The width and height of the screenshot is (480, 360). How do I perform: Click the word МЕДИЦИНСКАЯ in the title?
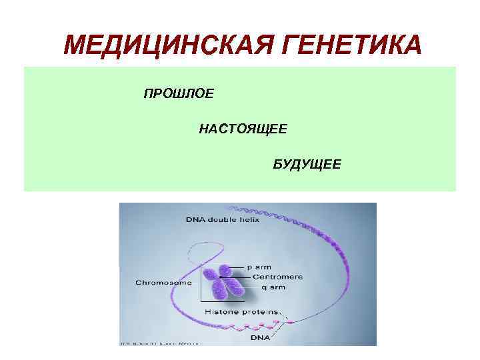point(165,46)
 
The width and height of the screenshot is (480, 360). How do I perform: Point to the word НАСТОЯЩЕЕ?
point(243,129)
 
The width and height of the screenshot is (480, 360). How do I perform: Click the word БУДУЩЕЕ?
point(307,164)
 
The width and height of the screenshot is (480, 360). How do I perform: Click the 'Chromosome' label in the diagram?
point(163,282)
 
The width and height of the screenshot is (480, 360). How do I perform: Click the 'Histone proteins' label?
point(242,312)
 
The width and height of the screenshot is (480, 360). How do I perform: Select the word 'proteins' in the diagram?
point(260,312)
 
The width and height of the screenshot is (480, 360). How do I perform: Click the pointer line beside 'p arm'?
point(241,267)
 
